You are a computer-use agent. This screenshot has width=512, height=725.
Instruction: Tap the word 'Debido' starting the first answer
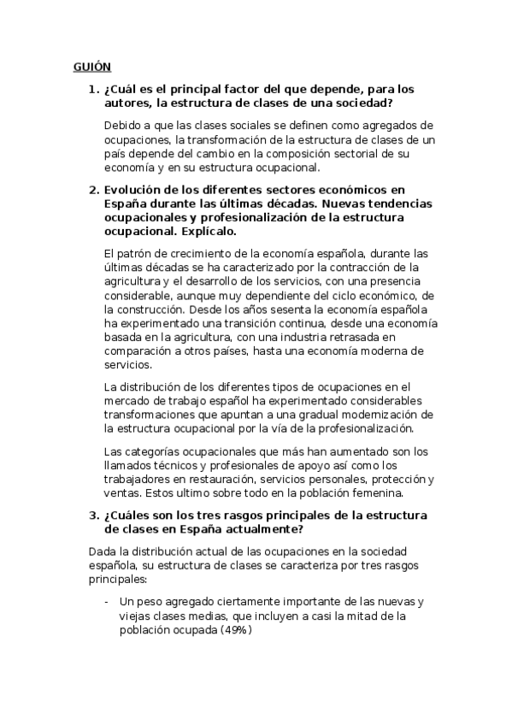121,127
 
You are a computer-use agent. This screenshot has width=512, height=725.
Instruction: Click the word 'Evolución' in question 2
135,190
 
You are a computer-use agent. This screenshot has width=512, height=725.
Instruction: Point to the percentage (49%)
235,630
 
